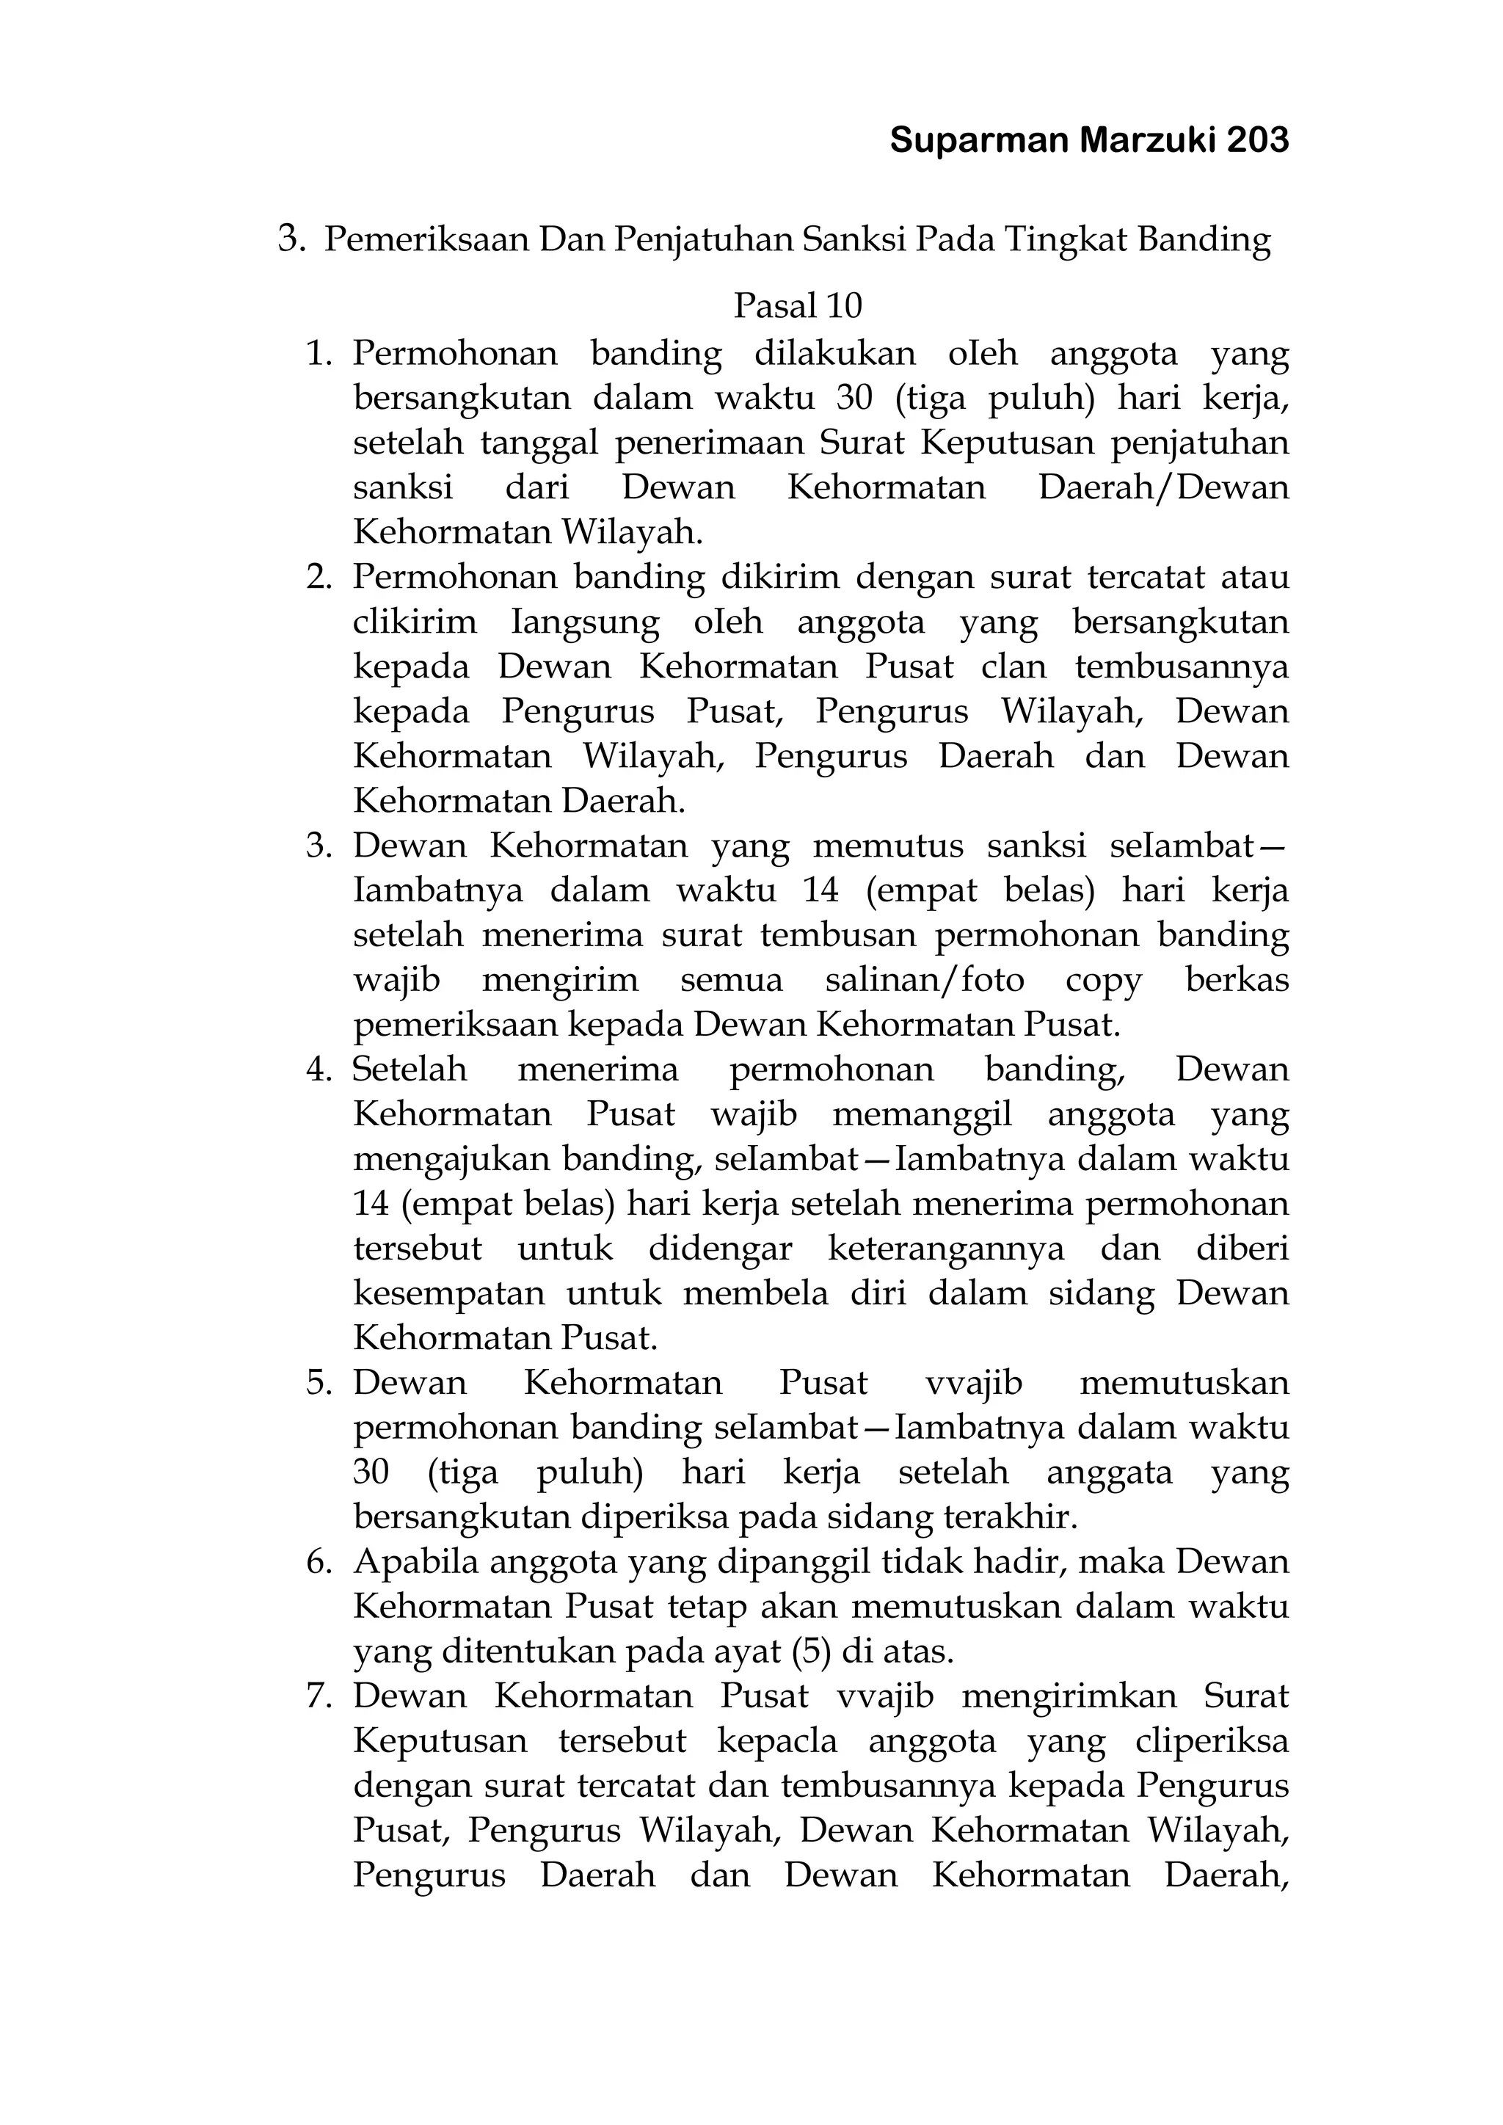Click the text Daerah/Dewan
click(1163, 487)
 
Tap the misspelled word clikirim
click(415, 621)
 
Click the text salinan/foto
click(924, 979)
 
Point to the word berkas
click(1237, 979)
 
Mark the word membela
click(755, 1293)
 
